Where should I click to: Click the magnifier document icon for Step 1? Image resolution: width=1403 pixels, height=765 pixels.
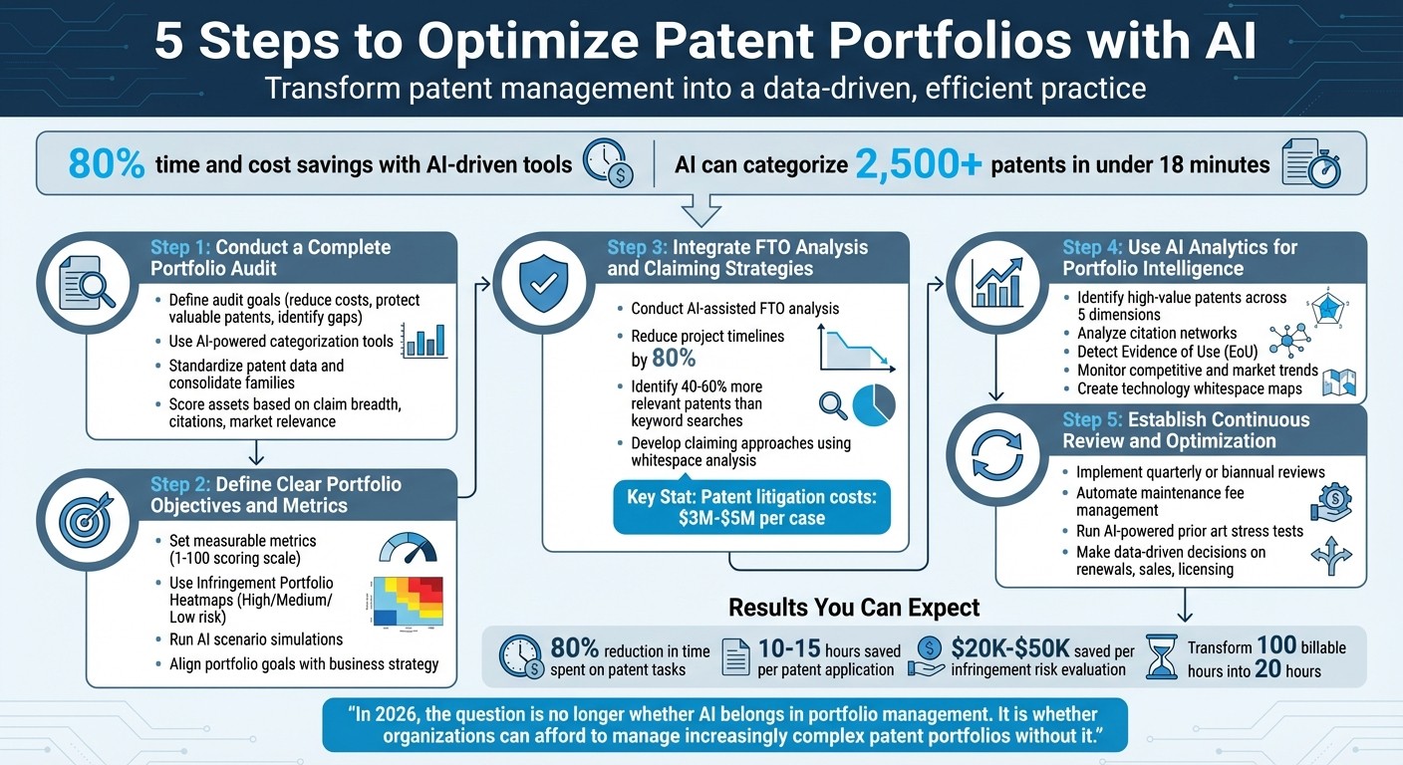tap(86, 282)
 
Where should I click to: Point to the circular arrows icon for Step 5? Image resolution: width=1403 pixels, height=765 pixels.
tap(996, 453)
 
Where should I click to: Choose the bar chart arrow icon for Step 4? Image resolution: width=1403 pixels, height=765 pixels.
tap(996, 282)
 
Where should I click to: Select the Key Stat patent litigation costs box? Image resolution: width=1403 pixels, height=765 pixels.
tap(751, 508)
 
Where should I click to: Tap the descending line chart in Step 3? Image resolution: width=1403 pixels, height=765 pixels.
tap(855, 349)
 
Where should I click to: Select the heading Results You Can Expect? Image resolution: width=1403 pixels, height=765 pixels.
tap(854, 608)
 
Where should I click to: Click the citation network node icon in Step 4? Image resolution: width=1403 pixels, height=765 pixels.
tap(1289, 341)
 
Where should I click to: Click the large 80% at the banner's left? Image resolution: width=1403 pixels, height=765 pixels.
tap(108, 164)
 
